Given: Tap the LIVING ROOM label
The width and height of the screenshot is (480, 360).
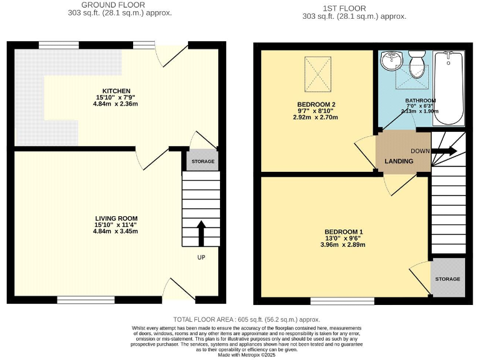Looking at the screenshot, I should tap(116, 218).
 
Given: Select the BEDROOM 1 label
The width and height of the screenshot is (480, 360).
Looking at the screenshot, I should tap(339, 232).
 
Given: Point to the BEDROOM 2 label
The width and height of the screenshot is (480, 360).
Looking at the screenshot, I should tap(317, 104).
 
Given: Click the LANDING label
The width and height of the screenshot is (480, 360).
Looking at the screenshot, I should tap(399, 161).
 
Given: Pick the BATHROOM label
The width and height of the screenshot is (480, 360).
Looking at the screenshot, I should tap(421, 101).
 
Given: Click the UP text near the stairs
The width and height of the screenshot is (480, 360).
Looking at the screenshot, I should tap(201, 257).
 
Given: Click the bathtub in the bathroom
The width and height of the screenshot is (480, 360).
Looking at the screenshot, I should tap(448, 88).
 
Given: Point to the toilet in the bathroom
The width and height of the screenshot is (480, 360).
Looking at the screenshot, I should tap(416, 65).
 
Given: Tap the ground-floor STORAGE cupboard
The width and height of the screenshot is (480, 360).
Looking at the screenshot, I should tap(202, 161).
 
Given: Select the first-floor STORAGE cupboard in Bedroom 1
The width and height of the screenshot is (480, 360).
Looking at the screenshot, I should tap(447, 279).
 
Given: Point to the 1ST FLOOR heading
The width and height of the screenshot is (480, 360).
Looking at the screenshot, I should tap(354, 8).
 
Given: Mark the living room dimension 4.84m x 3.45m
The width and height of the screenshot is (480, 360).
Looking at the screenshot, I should tap(116, 231).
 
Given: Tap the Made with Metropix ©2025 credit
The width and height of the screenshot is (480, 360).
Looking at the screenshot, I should tap(240, 354).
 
